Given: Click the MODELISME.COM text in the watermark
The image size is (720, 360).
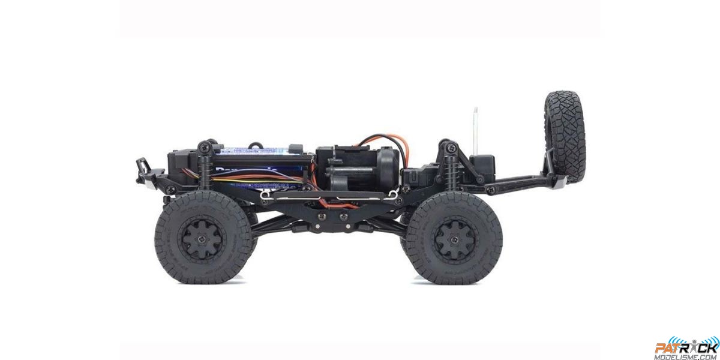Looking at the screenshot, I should (686, 355).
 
